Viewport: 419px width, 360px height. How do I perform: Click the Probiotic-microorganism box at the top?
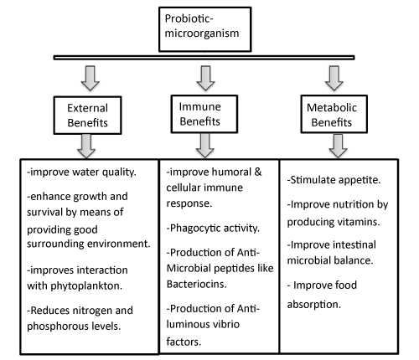click(x=205, y=29)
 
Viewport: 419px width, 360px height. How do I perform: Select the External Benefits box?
click(x=87, y=116)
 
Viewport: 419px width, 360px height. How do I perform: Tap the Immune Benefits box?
click(x=204, y=114)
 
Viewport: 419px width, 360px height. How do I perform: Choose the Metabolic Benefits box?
click(x=334, y=114)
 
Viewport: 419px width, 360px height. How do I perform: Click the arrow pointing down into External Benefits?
click(x=90, y=78)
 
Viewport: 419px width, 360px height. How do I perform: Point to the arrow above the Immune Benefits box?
click(x=205, y=78)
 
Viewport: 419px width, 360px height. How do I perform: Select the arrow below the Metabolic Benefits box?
click(x=338, y=146)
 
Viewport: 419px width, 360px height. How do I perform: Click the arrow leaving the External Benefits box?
click(x=86, y=146)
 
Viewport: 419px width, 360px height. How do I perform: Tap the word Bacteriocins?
click(x=197, y=284)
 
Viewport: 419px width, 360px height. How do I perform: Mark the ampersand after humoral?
click(x=258, y=172)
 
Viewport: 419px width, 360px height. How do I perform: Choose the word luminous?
click(x=184, y=324)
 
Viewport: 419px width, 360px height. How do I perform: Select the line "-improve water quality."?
click(x=81, y=172)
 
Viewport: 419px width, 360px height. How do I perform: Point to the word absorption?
click(x=314, y=305)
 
